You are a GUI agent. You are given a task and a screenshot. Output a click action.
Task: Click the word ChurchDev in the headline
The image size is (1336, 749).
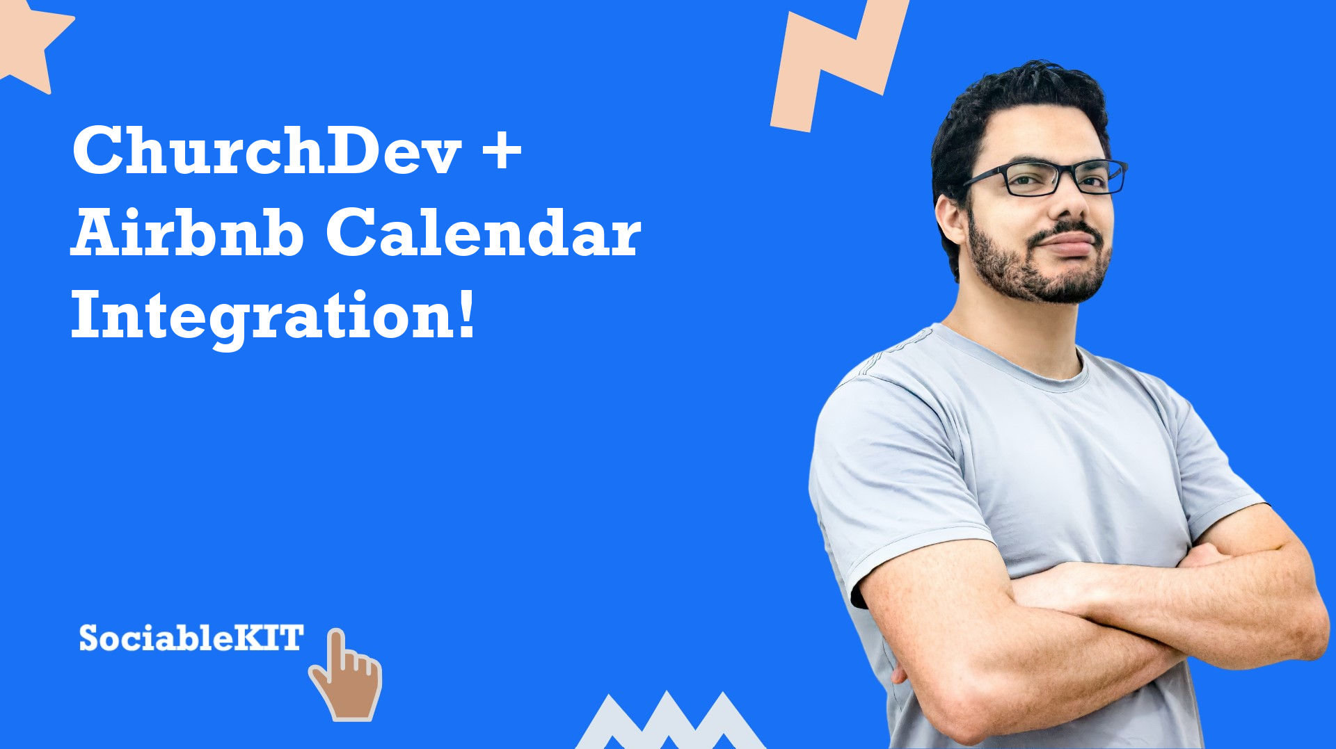[x=267, y=150]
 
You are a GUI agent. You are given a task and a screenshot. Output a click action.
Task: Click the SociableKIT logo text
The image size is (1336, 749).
[x=191, y=638]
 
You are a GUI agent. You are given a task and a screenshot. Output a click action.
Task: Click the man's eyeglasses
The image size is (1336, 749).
[x=1044, y=177]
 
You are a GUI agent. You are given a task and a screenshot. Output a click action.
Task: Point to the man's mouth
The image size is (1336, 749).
[x=1068, y=243]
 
